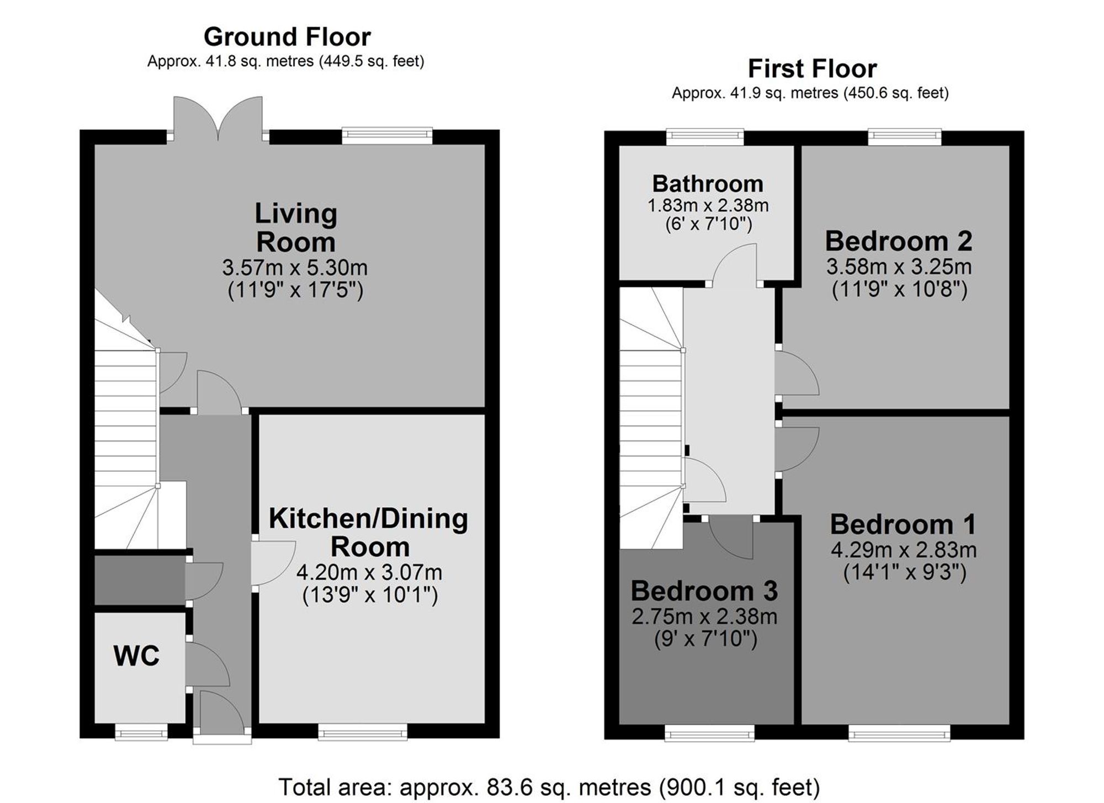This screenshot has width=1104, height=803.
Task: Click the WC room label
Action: coord(136,656)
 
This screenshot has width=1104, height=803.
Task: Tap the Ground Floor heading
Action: coord(287,37)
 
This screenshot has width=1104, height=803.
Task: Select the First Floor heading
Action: coord(812,69)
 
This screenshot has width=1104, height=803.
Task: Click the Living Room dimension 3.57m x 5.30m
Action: coord(295,268)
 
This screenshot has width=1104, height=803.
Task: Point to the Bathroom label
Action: coord(708,183)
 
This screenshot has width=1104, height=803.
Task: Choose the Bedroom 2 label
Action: coord(899,241)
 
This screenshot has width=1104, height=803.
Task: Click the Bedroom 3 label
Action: coord(704,591)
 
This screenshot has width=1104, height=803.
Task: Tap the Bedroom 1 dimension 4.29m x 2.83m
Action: coord(904,550)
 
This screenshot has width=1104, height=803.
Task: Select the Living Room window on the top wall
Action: coord(387,136)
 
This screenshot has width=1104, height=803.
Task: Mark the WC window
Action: coord(141,732)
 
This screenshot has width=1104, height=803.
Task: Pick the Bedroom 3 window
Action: coord(709,732)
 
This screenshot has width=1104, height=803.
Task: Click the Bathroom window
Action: coord(705,137)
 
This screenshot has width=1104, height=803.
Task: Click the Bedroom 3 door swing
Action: coord(731,538)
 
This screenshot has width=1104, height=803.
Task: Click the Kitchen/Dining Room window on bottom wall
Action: coord(363,732)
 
